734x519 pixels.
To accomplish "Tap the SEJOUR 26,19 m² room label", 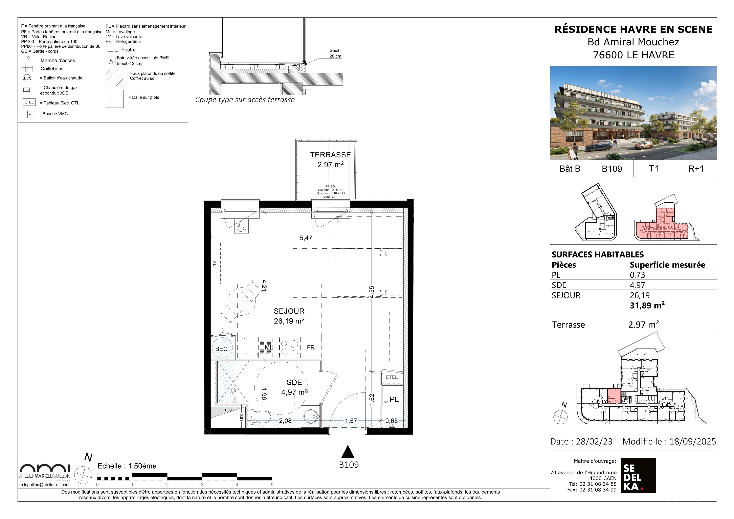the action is (x=289, y=316).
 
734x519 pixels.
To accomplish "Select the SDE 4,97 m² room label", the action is (x=294, y=387).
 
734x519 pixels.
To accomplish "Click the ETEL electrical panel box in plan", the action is (x=391, y=377).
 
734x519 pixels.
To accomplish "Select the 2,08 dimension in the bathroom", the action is (x=285, y=421).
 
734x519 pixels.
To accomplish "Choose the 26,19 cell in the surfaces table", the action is (x=640, y=295).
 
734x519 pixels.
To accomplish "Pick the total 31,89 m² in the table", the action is (x=647, y=305).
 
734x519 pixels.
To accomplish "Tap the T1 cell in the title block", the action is (x=654, y=168).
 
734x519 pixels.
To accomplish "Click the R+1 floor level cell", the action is (x=696, y=168).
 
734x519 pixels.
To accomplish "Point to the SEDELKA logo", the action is (x=638, y=475).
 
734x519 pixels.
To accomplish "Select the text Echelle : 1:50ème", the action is (x=127, y=466).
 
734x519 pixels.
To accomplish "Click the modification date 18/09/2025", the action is (x=693, y=441).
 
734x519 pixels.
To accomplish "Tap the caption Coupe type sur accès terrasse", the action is (x=245, y=100).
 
